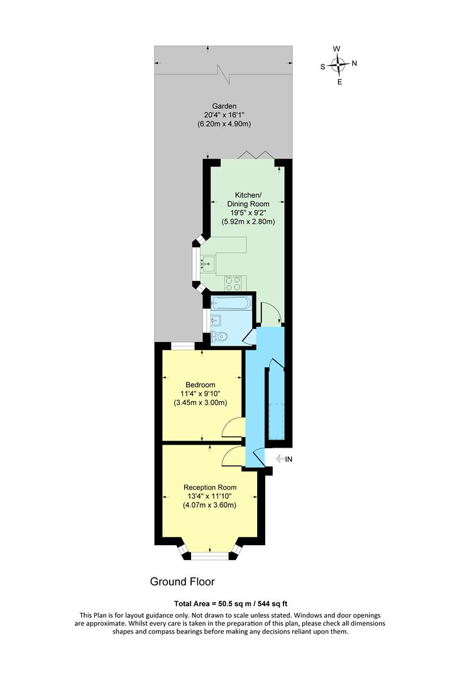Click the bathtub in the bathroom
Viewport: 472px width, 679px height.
(x=231, y=304)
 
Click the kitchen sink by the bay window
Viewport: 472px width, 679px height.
(x=207, y=262)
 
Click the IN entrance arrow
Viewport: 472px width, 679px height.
(x=284, y=459)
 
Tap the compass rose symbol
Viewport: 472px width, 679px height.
(x=339, y=63)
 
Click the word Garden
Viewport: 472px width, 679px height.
(x=224, y=106)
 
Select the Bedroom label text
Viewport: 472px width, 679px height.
(x=200, y=385)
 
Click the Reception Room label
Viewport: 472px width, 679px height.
(x=210, y=487)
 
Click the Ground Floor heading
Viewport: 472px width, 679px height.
(x=182, y=582)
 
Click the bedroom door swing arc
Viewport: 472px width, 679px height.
(x=233, y=427)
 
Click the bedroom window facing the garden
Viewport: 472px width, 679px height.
(x=182, y=345)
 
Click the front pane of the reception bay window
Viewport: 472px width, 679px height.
(x=209, y=555)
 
